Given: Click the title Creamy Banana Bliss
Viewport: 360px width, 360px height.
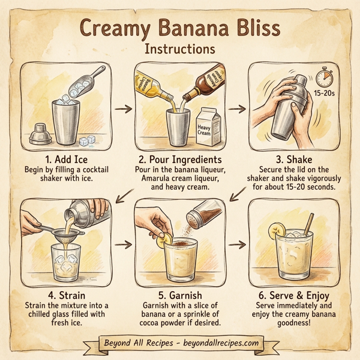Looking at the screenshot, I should tap(180, 27).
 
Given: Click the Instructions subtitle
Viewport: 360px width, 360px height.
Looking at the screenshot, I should tap(179, 48).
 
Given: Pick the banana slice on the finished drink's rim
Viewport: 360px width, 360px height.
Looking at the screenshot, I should tap(277, 230).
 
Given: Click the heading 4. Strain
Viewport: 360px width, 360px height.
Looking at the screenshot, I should tap(66, 295).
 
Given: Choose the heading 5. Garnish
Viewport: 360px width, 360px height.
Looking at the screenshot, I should tap(179, 295).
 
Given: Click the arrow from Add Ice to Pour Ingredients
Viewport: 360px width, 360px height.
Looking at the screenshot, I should tap(122, 109).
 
